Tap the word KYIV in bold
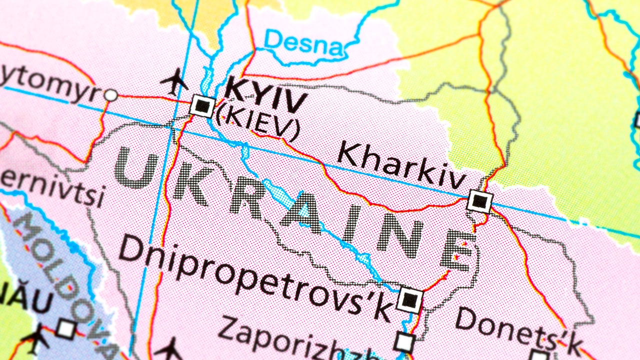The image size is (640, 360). (265, 95)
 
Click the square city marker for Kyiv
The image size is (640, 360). (202, 106)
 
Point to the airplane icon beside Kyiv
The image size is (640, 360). (175, 82)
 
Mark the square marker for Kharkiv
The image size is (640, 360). (479, 201)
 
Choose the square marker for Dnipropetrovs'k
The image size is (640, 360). (410, 300)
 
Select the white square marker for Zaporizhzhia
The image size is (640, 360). (404, 342)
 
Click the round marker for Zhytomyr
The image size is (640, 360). (110, 95)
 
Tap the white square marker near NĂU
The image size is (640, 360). (65, 328)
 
